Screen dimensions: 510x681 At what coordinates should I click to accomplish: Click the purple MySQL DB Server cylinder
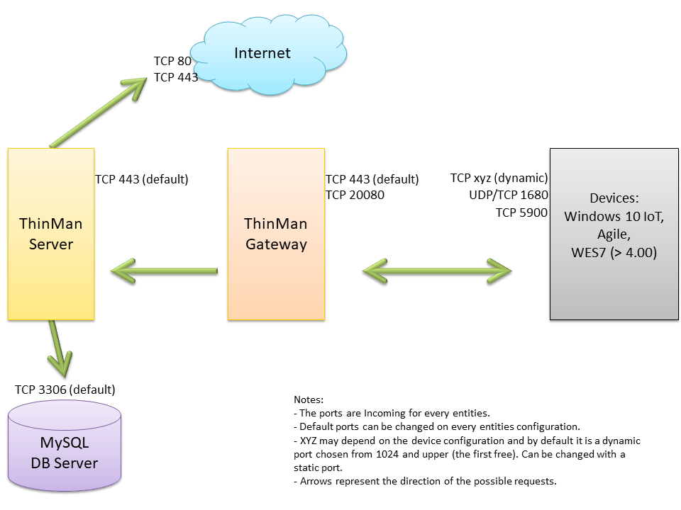(65, 446)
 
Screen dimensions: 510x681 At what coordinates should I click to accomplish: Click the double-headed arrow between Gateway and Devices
(437, 270)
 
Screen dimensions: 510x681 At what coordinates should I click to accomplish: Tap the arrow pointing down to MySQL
(61, 350)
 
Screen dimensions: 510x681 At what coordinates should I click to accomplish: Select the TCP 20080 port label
(355, 195)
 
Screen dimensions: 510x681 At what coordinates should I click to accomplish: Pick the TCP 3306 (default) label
(65, 390)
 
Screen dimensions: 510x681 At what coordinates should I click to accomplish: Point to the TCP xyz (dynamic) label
(499, 178)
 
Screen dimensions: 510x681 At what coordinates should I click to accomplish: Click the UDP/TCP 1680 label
(509, 195)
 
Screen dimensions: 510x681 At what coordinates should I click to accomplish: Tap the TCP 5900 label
(521, 211)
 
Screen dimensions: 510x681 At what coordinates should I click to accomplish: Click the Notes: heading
(309, 399)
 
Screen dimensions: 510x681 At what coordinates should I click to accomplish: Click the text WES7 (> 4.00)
(614, 251)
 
